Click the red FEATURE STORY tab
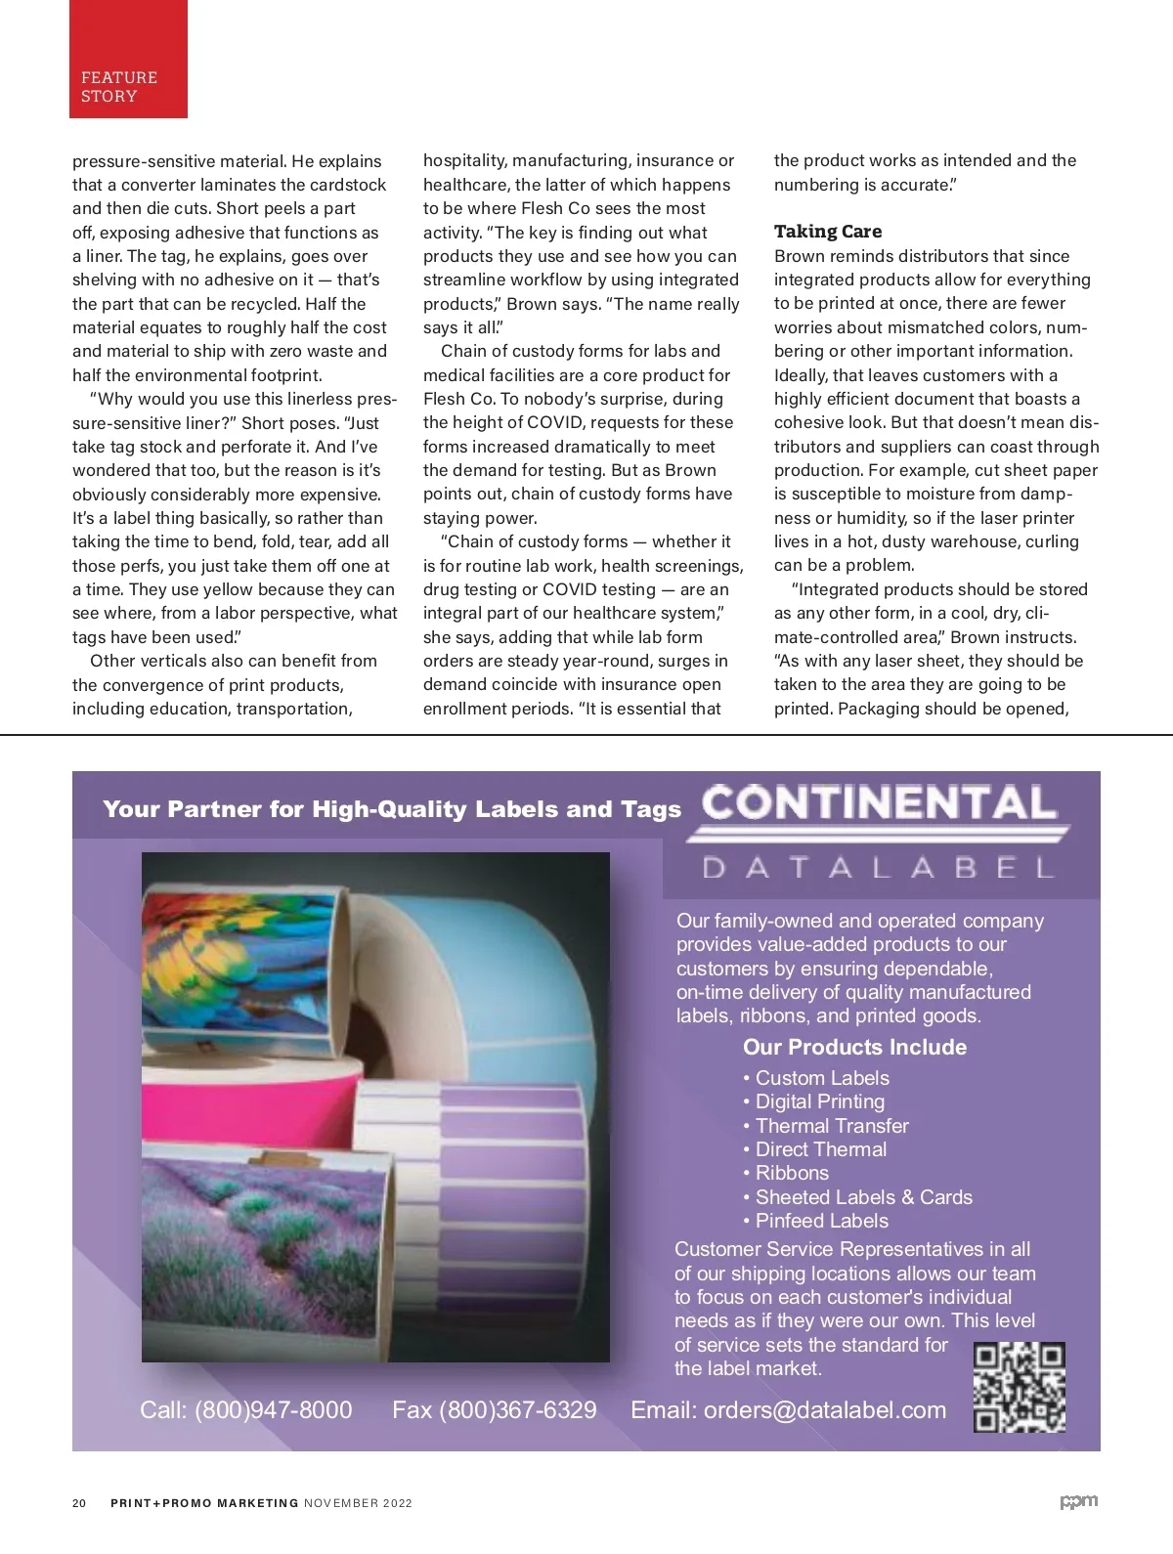click(x=127, y=61)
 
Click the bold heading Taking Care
click(x=827, y=232)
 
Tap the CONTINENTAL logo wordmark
click(x=879, y=803)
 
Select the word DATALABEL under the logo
click(x=879, y=868)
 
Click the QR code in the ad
click(x=1019, y=1387)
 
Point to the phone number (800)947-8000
click(x=273, y=1409)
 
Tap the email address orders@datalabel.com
click(x=824, y=1409)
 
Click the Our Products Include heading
click(x=854, y=1048)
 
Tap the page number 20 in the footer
click(x=79, y=1503)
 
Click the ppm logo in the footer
click(x=1078, y=1502)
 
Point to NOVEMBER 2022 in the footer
click(x=358, y=1503)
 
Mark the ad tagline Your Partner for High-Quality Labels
click(x=391, y=809)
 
